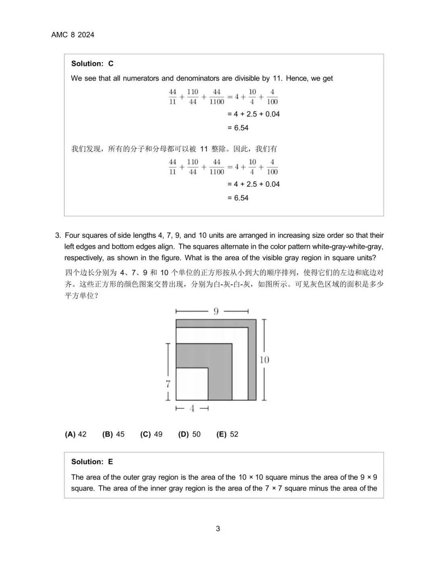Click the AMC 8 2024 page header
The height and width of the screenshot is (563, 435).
(72, 35)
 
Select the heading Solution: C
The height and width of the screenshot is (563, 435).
(92, 64)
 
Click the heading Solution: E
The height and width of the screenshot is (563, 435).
(92, 462)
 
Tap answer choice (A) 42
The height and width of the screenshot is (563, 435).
(76, 434)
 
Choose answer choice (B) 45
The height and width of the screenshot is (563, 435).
(113, 434)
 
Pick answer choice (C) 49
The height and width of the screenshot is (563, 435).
(151, 434)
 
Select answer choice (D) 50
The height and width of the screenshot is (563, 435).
(189, 434)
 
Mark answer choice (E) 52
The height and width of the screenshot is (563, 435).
(227, 434)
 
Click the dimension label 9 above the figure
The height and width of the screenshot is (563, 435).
(216, 311)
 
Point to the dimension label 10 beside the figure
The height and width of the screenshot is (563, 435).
(264, 360)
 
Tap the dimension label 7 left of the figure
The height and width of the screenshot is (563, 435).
(168, 384)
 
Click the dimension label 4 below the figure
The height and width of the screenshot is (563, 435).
(192, 408)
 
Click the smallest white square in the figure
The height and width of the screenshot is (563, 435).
(192, 384)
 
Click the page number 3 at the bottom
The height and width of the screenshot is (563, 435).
(218, 528)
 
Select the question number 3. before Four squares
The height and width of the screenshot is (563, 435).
(58, 235)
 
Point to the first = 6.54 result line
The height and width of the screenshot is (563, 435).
(238, 128)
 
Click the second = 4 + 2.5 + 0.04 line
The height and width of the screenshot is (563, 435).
(254, 184)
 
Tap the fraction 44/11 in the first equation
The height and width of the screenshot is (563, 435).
(172, 97)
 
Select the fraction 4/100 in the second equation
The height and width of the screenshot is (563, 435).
(272, 167)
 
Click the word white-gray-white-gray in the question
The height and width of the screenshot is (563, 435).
(348, 246)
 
